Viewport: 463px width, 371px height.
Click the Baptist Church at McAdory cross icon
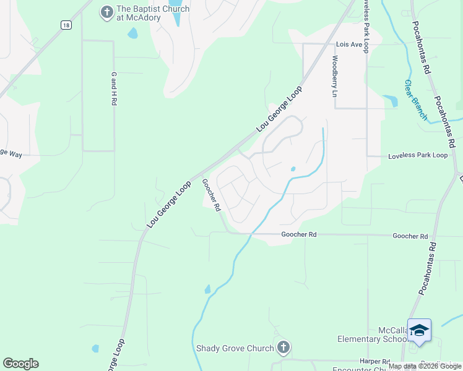click(106, 12)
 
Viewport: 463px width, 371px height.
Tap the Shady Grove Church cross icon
click(283, 348)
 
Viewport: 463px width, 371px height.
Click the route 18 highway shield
click(66, 25)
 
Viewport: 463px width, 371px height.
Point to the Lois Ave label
click(348, 45)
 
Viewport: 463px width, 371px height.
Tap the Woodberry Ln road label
click(334, 77)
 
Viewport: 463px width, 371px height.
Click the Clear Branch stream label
click(416, 100)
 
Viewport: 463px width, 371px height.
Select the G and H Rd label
click(114, 88)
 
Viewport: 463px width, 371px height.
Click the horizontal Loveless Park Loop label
click(417, 155)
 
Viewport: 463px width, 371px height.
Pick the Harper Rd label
click(374, 361)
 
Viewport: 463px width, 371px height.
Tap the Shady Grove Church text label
click(235, 348)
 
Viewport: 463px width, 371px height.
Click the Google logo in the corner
click(20, 364)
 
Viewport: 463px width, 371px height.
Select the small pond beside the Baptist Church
click(132, 33)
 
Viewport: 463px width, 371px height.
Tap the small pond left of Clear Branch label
click(391, 101)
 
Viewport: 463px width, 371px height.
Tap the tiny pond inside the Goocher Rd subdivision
click(293, 168)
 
